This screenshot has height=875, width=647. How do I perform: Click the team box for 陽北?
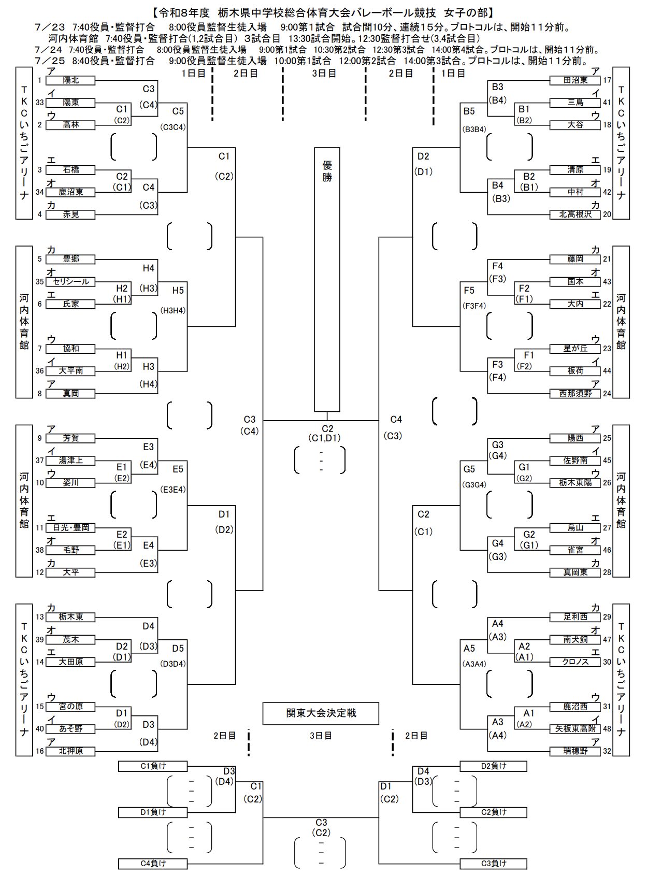pos(70,80)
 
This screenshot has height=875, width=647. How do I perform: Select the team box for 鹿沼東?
pos(70,192)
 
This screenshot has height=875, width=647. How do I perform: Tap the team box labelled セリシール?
pos(70,282)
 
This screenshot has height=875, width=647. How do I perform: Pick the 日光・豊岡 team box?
pos(70,528)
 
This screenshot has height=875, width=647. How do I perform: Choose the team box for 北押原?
pos(70,751)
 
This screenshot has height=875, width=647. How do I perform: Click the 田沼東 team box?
pos(575,80)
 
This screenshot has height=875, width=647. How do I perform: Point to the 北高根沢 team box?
pos(575,214)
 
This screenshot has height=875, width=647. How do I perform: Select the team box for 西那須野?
pos(575,394)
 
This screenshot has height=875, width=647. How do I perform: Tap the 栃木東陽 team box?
pos(575,483)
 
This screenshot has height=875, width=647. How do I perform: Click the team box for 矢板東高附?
pos(575,729)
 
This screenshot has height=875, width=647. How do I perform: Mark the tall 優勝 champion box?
pos(327,280)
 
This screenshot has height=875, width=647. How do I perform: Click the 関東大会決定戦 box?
pos(321,713)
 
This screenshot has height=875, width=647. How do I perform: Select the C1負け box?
pos(153,766)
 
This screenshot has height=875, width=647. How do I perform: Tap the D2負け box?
pos(493,766)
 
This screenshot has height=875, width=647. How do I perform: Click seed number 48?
pos(607,729)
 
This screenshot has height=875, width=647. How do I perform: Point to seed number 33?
pos(40,103)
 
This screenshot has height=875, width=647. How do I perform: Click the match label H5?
pos(178,291)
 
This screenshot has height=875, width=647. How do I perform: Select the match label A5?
pos(469,649)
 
